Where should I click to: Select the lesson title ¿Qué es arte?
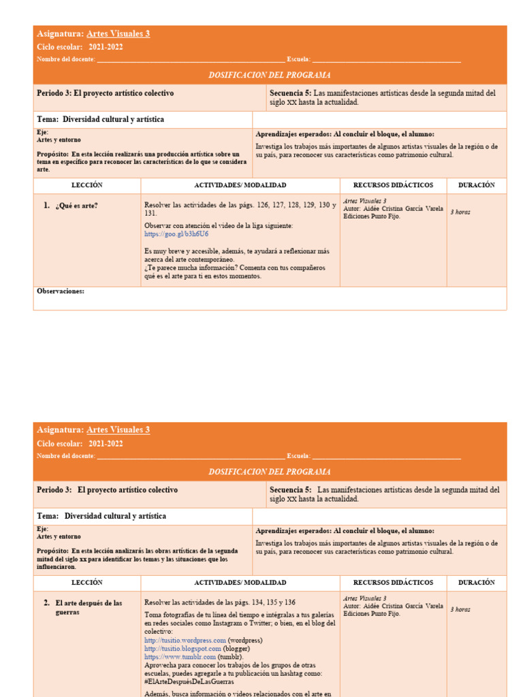click(x=76, y=205)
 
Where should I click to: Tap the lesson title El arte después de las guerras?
click(x=89, y=607)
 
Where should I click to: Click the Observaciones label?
click(x=61, y=291)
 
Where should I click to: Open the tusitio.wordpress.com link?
click(x=185, y=640)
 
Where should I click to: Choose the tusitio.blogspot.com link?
click(x=183, y=649)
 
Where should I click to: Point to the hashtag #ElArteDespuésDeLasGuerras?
click(x=189, y=681)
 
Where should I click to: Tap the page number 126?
click(x=264, y=205)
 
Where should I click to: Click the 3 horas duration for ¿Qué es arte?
click(x=460, y=212)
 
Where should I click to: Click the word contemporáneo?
click(x=208, y=259)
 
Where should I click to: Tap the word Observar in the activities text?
click(x=159, y=225)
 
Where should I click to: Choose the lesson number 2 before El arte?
click(x=46, y=602)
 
